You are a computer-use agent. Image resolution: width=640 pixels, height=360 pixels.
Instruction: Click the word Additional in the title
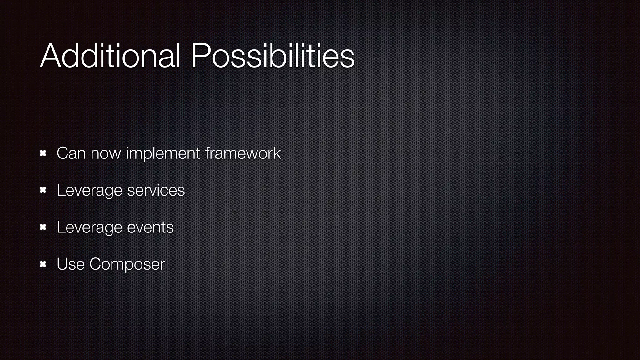pyautogui.click(x=110, y=56)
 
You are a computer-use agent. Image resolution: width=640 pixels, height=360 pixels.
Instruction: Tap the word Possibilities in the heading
pyautogui.click(x=272, y=56)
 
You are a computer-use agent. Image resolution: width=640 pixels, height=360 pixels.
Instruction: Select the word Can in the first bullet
pyautogui.click(x=71, y=153)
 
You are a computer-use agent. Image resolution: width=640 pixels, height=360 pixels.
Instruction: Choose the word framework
pyautogui.click(x=243, y=153)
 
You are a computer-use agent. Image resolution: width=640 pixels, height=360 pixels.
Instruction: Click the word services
pyautogui.click(x=156, y=190)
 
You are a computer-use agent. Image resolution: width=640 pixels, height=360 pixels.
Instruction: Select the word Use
pyautogui.click(x=71, y=264)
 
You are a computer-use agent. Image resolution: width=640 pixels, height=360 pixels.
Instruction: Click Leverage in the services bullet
pyautogui.click(x=89, y=190)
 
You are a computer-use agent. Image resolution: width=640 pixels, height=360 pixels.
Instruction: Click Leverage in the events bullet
pyautogui.click(x=89, y=227)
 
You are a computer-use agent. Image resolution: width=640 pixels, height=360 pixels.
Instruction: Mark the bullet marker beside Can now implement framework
pyautogui.click(x=43, y=153)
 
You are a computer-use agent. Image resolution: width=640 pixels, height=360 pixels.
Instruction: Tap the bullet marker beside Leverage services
pyautogui.click(x=43, y=190)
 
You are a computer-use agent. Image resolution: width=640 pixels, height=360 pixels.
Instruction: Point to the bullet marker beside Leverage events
pyautogui.click(x=43, y=227)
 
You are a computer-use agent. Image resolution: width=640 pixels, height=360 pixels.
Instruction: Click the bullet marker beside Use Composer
pyautogui.click(x=43, y=264)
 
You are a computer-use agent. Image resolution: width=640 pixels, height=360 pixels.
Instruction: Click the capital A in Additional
pyautogui.click(x=51, y=56)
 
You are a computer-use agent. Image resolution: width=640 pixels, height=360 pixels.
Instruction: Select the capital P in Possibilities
pyautogui.click(x=201, y=56)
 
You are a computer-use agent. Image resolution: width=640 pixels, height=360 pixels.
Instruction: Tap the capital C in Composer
pyautogui.click(x=96, y=264)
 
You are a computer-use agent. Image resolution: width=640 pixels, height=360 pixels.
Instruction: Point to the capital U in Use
pyautogui.click(x=62, y=264)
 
